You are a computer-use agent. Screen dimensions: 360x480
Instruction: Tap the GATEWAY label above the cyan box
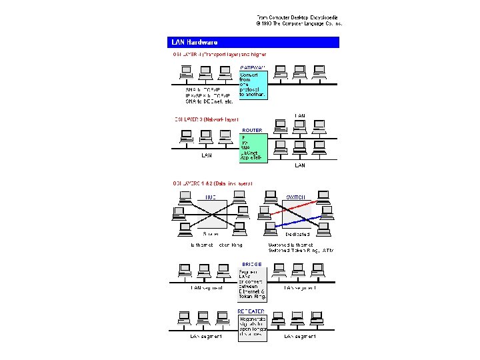pyautogui.click(x=253, y=67)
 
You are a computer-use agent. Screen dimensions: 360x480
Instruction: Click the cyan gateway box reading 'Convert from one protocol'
pyautogui.click(x=253, y=85)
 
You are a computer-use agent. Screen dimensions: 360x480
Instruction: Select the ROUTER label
pyautogui.click(x=252, y=130)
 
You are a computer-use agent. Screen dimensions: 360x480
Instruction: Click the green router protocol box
pyautogui.click(x=253, y=147)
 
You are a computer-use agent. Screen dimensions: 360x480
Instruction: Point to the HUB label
pyautogui.click(x=211, y=197)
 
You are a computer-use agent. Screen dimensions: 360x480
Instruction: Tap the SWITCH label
pyautogui.click(x=296, y=197)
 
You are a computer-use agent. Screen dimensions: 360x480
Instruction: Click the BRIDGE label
pyautogui.click(x=251, y=264)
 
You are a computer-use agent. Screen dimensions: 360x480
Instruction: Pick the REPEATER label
pyautogui.click(x=252, y=311)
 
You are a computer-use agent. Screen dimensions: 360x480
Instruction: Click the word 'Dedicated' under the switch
pyautogui.click(x=297, y=235)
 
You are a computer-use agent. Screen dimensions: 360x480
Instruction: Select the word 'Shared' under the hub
pyautogui.click(x=211, y=235)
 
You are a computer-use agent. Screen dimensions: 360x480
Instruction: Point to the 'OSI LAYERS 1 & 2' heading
pyautogui.click(x=213, y=183)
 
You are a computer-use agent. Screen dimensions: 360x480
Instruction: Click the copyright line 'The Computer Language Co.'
pyautogui.click(x=299, y=23)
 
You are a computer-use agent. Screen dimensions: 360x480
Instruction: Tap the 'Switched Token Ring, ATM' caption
pyautogui.click(x=301, y=251)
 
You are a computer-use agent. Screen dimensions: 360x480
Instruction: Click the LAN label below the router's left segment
pyautogui.click(x=207, y=156)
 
